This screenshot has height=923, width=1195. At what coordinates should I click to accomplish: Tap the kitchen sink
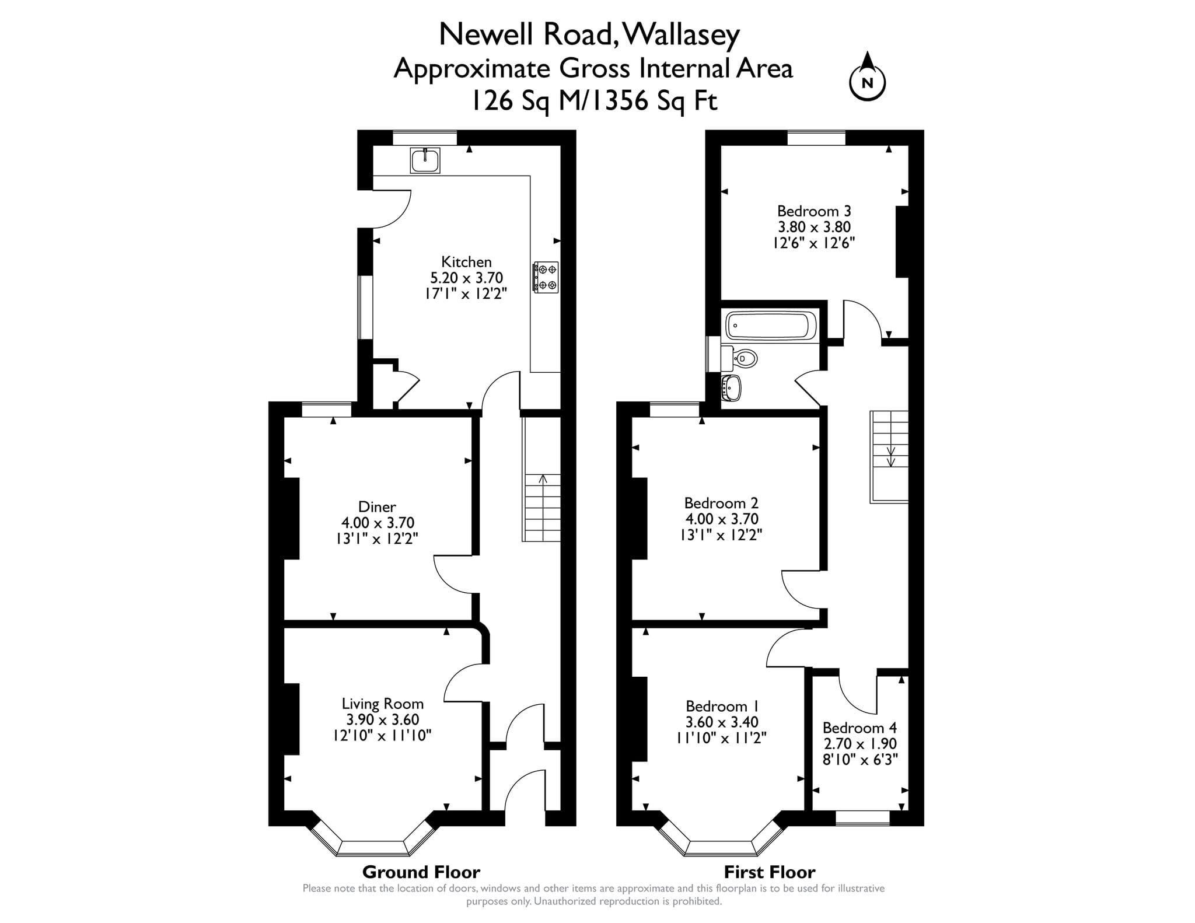tap(425, 160)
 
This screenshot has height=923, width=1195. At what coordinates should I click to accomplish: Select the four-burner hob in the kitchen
tap(546, 277)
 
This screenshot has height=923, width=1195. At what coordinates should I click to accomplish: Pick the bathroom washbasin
tap(731, 387)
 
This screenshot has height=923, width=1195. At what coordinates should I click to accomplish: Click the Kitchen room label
tap(466, 262)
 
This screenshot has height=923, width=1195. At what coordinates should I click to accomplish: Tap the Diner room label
tap(377, 506)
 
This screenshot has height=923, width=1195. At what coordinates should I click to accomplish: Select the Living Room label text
tap(382, 704)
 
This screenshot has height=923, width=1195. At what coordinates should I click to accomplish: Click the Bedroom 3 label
tap(814, 211)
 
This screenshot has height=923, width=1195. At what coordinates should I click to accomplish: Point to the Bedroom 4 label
tap(859, 728)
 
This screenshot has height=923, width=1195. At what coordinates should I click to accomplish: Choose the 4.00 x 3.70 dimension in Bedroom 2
tap(722, 519)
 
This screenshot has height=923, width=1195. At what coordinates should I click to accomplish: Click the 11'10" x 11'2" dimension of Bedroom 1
tap(721, 738)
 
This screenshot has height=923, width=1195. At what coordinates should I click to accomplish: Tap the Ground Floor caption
tap(421, 872)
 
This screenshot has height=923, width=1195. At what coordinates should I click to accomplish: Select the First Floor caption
tap(770, 872)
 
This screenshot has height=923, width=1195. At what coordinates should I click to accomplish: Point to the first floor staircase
tap(889, 456)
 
